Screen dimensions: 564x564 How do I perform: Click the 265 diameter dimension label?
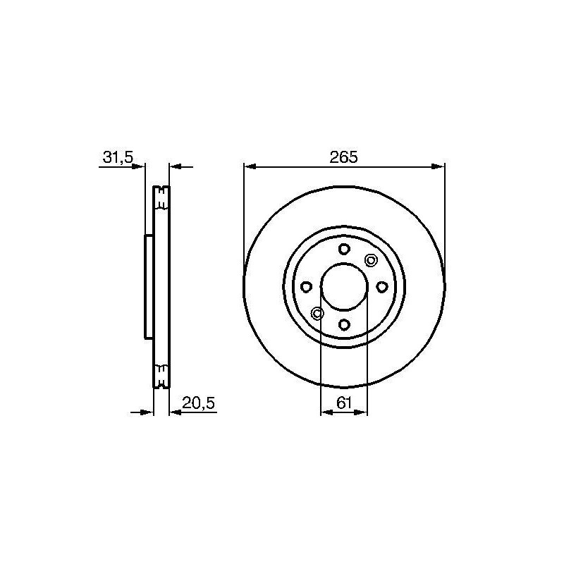[x=343, y=157]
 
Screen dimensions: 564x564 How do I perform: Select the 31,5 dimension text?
[x=118, y=157]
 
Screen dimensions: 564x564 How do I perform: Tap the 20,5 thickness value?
[x=198, y=403]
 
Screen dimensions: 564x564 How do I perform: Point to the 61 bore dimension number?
[x=344, y=403]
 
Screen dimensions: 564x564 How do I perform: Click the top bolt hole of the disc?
[x=344, y=249]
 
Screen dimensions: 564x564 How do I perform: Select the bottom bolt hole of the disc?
[x=344, y=325]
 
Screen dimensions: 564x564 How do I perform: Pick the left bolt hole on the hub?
[x=306, y=287]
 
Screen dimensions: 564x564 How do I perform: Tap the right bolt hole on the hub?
[x=382, y=287]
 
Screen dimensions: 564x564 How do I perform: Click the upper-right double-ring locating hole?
[x=371, y=259]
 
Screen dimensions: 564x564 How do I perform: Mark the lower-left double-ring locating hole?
[x=317, y=314]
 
